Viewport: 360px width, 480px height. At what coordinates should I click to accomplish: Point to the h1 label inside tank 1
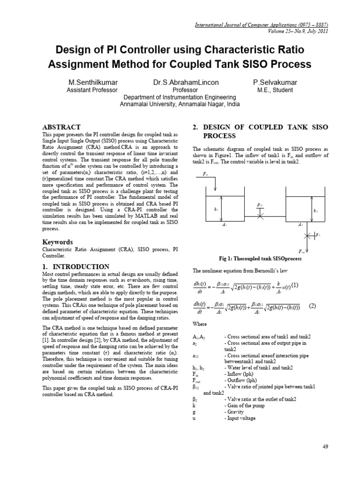(x=216, y=210)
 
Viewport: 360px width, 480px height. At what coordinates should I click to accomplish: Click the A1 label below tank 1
(x=224, y=225)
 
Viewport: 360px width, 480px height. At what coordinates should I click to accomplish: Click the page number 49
(x=325, y=446)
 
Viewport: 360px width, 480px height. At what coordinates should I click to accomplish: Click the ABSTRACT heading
(x=61, y=127)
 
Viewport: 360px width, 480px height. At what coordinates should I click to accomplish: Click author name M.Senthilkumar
(x=92, y=82)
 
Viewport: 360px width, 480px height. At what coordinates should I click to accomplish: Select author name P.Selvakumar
(x=275, y=82)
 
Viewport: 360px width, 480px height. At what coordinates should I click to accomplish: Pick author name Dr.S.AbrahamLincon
(x=179, y=82)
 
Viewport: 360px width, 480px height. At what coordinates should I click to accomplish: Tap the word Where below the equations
(x=200, y=324)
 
